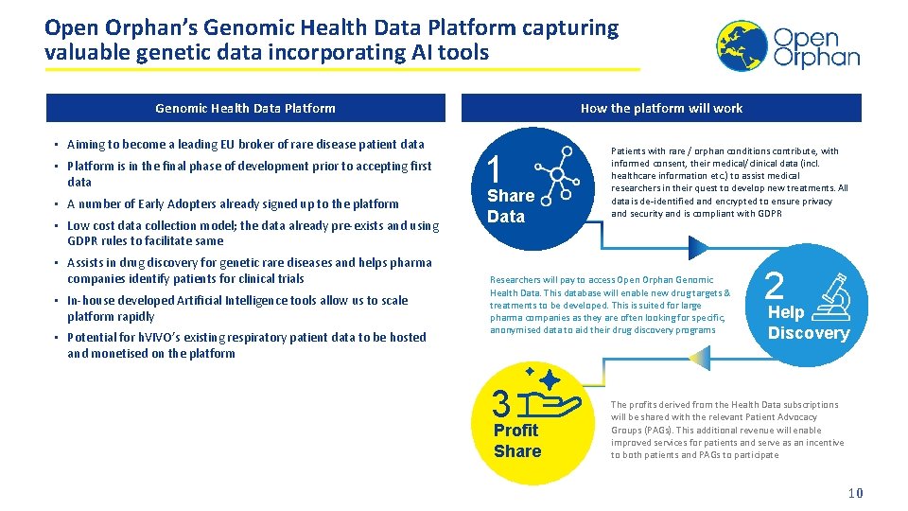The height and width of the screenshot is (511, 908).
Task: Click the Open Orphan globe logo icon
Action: [742, 45]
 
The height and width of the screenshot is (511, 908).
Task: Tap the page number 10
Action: [855, 493]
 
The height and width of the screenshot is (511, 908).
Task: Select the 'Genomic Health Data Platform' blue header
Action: [245, 108]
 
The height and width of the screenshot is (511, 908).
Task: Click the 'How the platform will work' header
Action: [661, 108]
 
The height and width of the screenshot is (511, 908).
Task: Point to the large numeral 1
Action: [494, 170]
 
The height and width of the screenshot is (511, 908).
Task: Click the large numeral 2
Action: [774, 287]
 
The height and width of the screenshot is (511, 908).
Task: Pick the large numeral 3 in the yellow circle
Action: [502, 404]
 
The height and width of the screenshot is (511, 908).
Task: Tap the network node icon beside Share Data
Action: [552, 172]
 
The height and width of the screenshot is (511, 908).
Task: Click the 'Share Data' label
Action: [511, 206]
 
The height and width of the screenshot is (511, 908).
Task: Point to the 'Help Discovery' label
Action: [808, 323]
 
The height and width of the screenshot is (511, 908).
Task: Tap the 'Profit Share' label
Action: [517, 441]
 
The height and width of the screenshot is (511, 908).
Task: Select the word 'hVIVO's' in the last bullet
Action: [162, 337]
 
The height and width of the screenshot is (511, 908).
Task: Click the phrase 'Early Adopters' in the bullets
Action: [171, 203]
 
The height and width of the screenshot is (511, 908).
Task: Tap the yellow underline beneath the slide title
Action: [340, 69]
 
